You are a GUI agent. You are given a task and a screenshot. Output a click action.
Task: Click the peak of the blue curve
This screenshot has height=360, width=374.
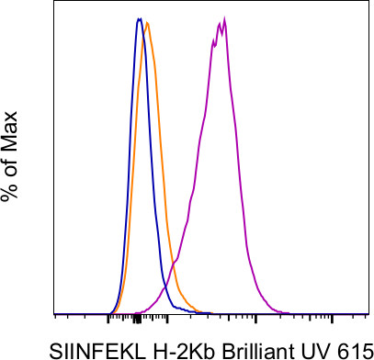point(138,18)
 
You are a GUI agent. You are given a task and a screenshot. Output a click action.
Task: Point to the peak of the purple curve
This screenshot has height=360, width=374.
point(224,18)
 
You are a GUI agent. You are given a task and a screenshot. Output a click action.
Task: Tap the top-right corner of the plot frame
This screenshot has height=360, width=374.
point(371,3)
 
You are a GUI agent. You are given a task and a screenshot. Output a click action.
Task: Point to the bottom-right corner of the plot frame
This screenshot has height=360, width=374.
point(371,313)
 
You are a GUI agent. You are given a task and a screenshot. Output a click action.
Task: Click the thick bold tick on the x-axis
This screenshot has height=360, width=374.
point(137,318)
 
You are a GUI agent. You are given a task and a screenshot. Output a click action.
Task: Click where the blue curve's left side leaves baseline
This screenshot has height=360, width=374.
point(108,310)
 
